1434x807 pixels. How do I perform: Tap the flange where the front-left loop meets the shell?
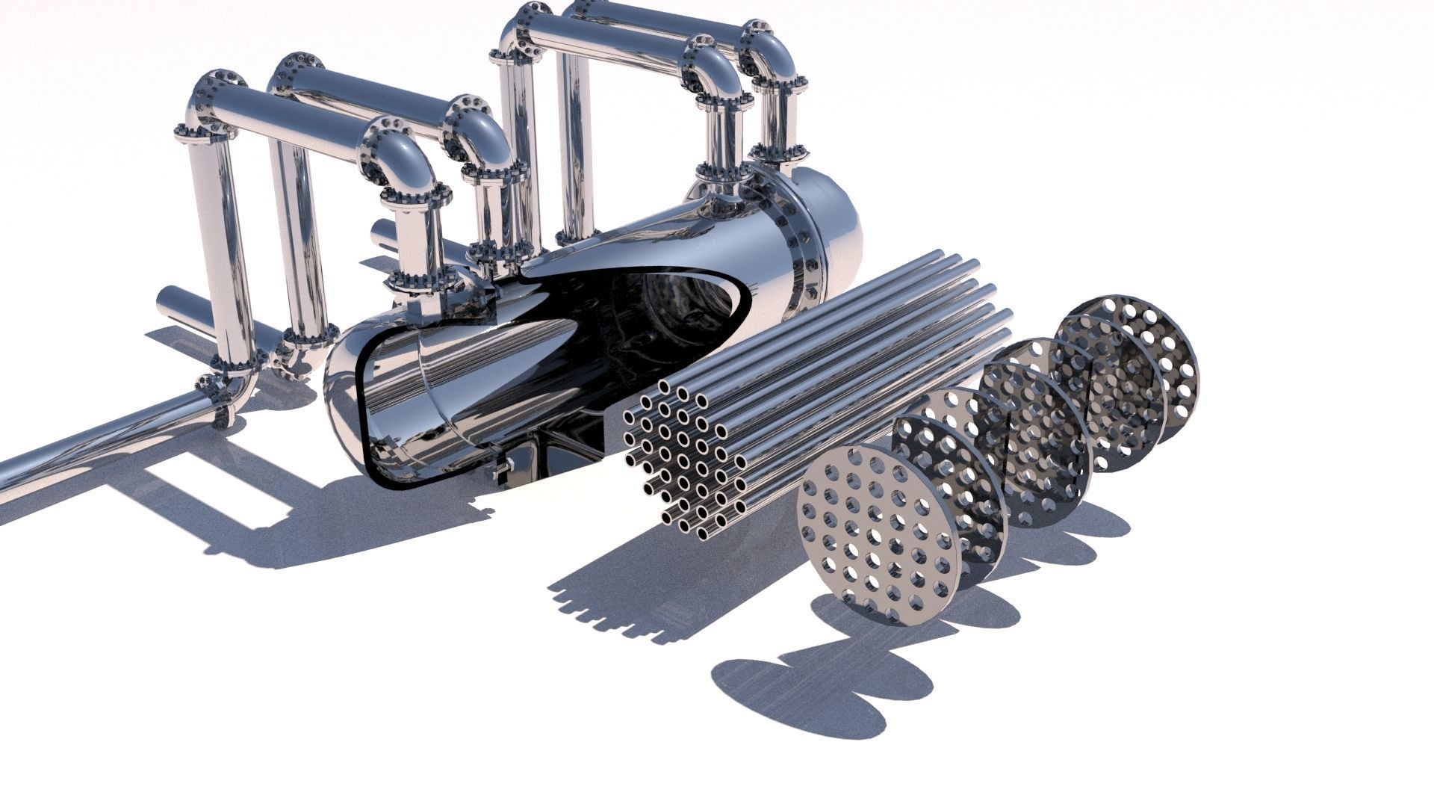point(422,282)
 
